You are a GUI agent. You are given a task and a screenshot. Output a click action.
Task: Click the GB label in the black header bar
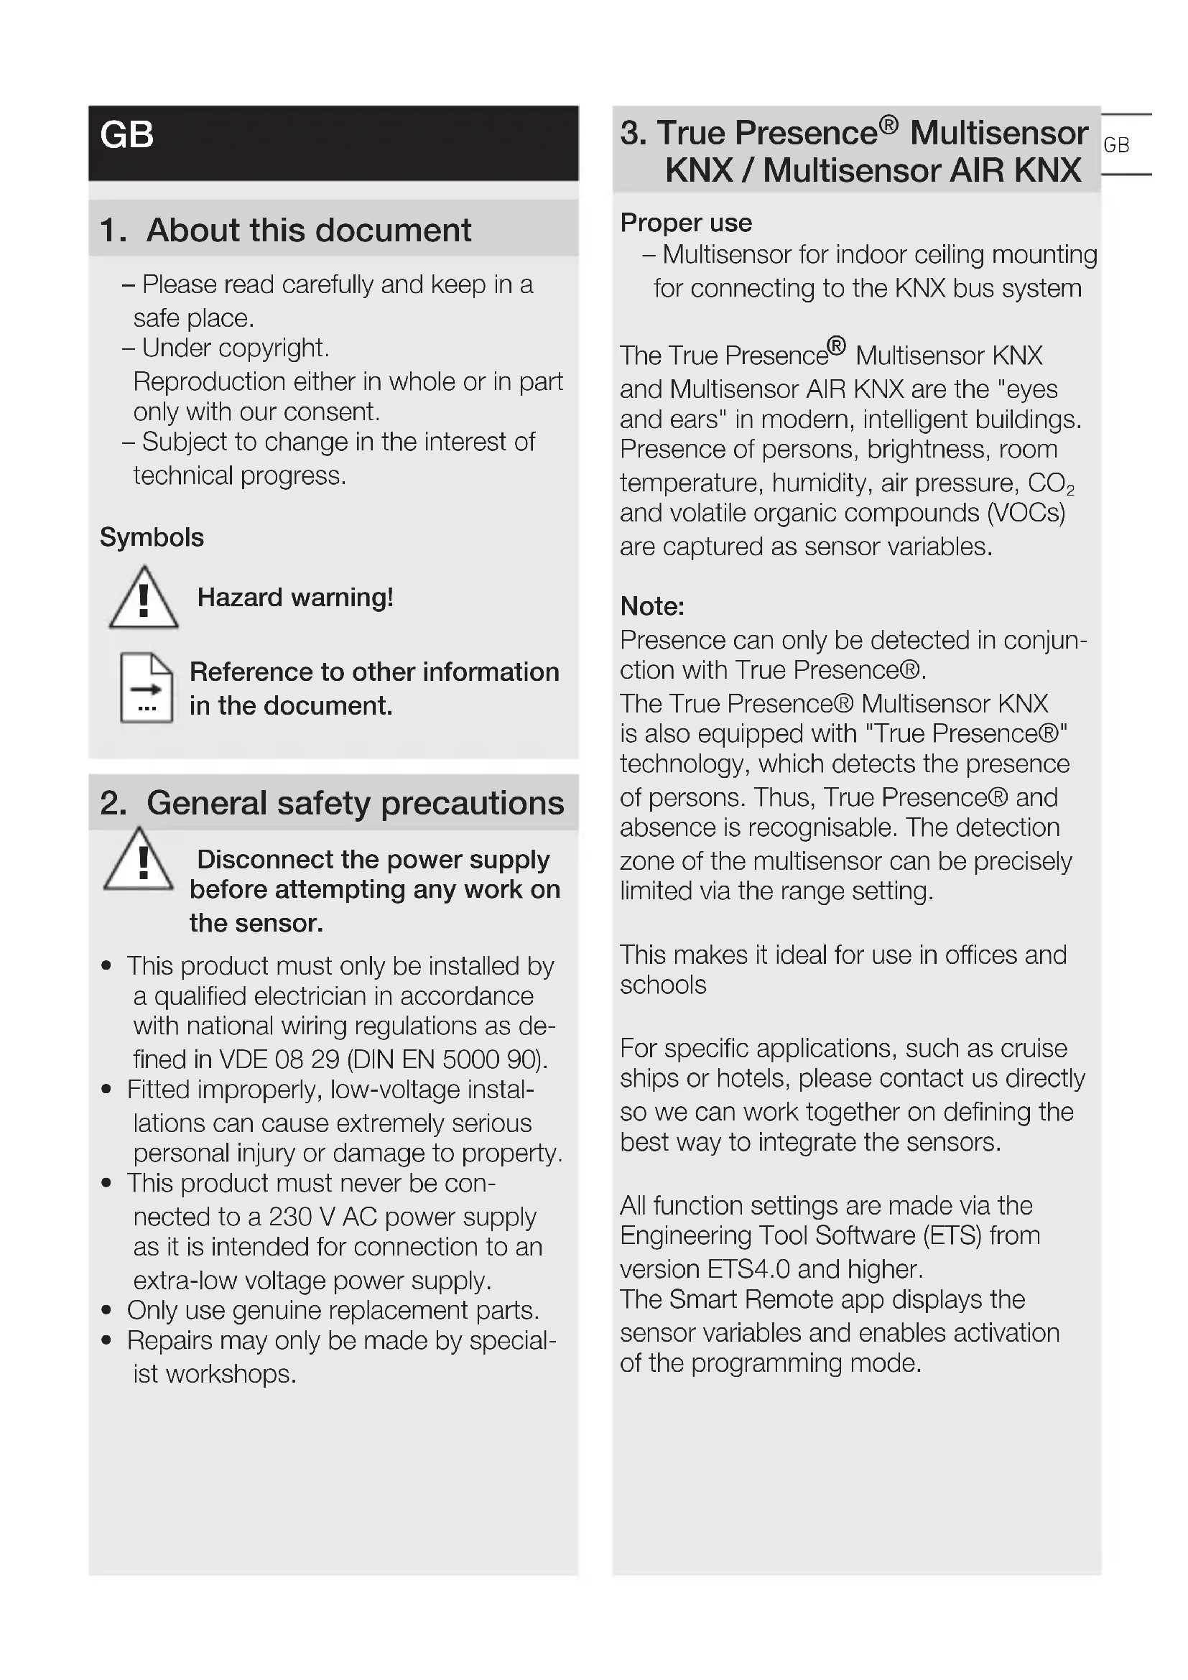tap(126, 134)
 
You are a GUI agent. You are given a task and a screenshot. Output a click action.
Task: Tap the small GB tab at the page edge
tap(1115, 145)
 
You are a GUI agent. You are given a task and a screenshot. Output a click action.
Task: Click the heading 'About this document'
tap(308, 230)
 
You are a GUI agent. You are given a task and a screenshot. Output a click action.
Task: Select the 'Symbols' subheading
tap(152, 537)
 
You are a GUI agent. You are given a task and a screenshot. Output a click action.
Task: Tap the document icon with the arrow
tap(147, 687)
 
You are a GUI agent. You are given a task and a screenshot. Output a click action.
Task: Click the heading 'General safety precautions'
tap(355, 803)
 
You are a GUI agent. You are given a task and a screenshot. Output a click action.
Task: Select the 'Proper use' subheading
tap(685, 223)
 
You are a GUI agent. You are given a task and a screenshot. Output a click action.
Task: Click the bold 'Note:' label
tap(651, 606)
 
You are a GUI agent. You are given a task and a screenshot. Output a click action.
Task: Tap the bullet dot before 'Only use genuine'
tap(107, 1310)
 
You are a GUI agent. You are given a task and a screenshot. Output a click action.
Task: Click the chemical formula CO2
tap(1051, 483)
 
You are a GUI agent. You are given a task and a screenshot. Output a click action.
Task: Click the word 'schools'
tap(663, 985)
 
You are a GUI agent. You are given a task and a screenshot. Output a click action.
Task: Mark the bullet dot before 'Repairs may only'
tap(107, 1340)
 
